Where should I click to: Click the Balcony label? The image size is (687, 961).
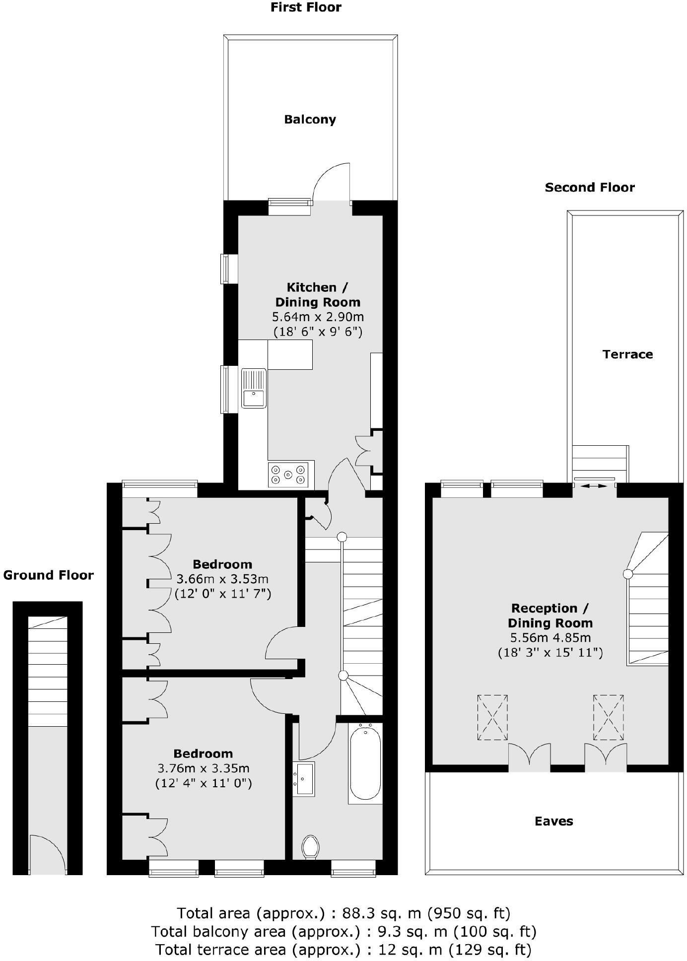[x=310, y=120]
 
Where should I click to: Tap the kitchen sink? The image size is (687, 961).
[x=254, y=388]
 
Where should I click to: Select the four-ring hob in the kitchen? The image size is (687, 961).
[x=288, y=475]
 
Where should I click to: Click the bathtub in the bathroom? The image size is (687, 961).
[x=365, y=764]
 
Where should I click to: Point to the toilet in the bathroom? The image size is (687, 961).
[x=311, y=846]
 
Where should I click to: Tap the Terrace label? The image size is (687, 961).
[x=627, y=354]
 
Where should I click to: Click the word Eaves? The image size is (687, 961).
[x=553, y=821]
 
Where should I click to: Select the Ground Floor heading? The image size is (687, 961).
[x=48, y=575]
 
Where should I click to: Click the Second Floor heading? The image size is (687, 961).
[x=590, y=188]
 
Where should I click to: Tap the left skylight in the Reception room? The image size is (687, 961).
[x=492, y=718]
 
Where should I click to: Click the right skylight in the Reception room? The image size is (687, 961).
[x=608, y=718]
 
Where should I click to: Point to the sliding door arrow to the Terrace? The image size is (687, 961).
[x=595, y=486]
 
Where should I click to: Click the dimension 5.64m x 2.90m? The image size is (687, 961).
[x=318, y=317]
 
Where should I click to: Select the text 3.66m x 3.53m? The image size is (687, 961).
[x=222, y=579]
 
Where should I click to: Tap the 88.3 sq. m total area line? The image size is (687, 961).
[x=343, y=913]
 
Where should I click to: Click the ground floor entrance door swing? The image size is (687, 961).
[x=47, y=854]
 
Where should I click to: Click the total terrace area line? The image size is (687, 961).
[x=343, y=950]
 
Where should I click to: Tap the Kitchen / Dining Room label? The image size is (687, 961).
[x=318, y=294]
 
